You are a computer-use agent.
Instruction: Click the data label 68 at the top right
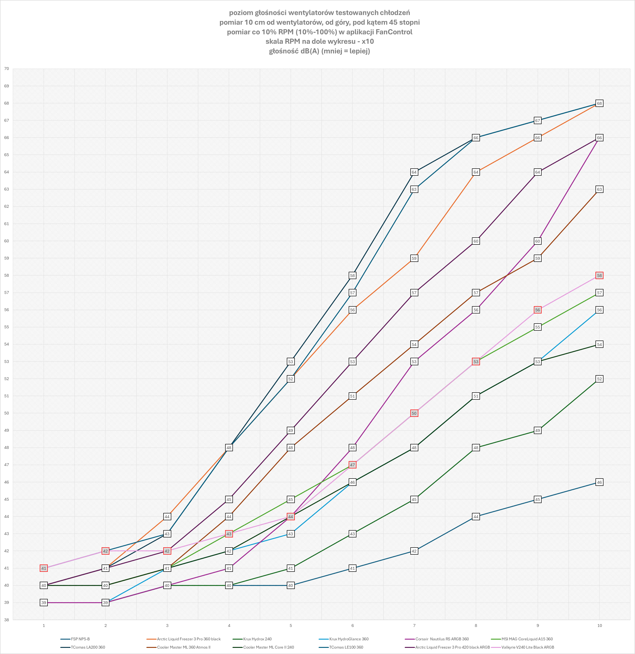pos(599,103)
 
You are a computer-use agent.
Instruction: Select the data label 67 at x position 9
pos(538,121)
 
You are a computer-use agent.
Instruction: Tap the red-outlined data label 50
pos(414,413)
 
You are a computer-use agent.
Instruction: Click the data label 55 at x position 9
pos(538,327)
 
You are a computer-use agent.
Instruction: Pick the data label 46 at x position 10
pos(599,482)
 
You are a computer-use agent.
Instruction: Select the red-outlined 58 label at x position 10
pos(599,275)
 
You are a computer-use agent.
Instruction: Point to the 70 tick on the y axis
pos(6,69)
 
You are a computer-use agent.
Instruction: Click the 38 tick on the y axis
pos(6,620)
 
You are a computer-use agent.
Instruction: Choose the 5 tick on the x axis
pos(291,626)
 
